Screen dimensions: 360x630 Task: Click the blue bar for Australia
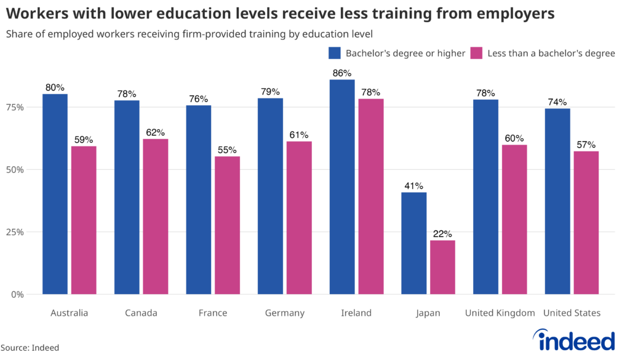[55, 194]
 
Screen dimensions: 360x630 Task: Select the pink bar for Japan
[442, 267]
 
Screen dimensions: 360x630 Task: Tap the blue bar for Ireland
[342, 187]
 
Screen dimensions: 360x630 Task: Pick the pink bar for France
[227, 225]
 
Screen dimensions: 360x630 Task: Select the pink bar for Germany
[299, 218]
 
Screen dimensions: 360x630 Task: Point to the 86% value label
[342, 73]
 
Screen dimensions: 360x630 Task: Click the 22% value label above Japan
[442, 234]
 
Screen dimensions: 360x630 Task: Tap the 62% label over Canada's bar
[155, 132]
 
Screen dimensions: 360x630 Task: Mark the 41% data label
[413, 186]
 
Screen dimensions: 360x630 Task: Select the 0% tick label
[17, 294]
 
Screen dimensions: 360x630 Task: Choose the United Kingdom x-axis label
[500, 313]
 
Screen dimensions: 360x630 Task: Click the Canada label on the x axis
[141, 313]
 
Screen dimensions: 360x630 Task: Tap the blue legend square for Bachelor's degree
[335, 53]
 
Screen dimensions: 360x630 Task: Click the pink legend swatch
[476, 53]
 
